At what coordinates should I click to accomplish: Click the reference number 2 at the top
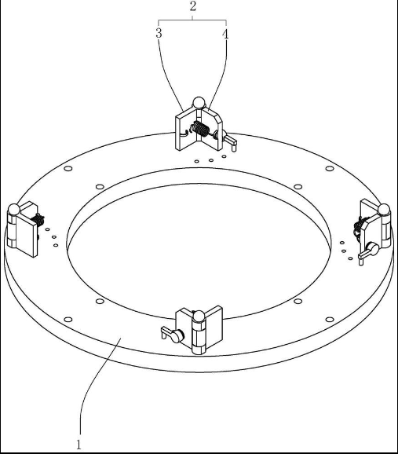pyautogui.click(x=193, y=6)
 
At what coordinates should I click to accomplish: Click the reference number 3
pyautogui.click(x=159, y=33)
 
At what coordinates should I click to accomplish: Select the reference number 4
pyautogui.click(x=225, y=34)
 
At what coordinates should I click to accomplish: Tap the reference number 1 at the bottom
pyautogui.click(x=79, y=445)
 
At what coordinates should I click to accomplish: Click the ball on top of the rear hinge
pyautogui.click(x=199, y=103)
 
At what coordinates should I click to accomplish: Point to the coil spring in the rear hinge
pyautogui.click(x=199, y=129)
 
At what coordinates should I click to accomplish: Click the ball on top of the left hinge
pyautogui.click(x=13, y=210)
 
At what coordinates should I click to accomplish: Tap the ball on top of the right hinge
pyautogui.click(x=384, y=210)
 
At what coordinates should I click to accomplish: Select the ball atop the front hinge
pyautogui.click(x=199, y=317)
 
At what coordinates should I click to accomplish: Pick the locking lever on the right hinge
pyautogui.click(x=368, y=253)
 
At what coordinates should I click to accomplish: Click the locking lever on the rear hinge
pyautogui.click(x=228, y=140)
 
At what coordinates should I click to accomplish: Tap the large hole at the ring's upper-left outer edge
pyautogui.click(x=68, y=169)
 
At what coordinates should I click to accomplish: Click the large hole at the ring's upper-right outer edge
pyautogui.click(x=330, y=169)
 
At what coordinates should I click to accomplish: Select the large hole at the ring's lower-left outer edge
pyautogui.click(x=68, y=320)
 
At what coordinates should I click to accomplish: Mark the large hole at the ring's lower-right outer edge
pyautogui.click(x=330, y=320)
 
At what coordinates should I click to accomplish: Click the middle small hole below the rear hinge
pyautogui.click(x=211, y=160)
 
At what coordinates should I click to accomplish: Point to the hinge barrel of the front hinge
pyautogui.click(x=199, y=337)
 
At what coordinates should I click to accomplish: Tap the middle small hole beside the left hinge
pyautogui.click(x=54, y=237)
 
